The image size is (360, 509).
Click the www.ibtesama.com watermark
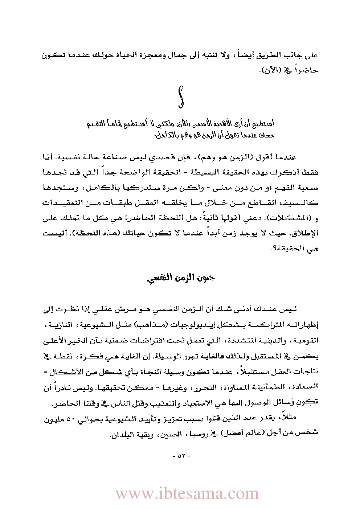point(187,494)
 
